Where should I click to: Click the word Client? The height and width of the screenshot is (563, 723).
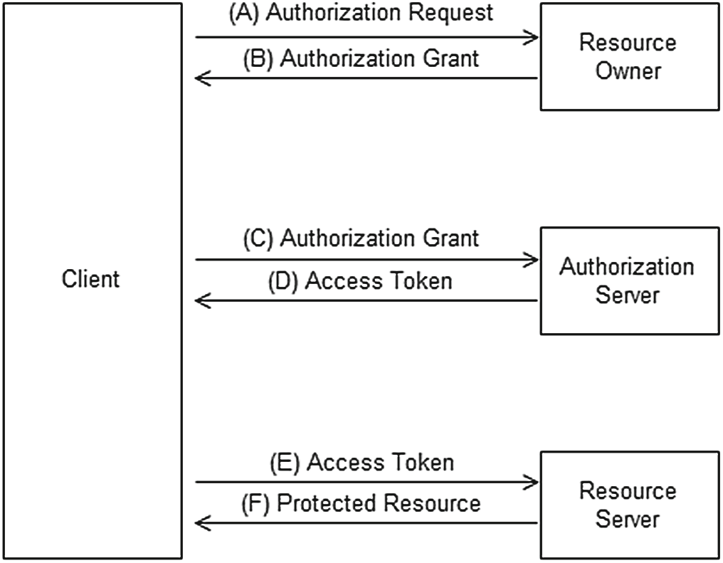(x=91, y=279)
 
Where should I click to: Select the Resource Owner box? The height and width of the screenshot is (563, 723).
(x=627, y=57)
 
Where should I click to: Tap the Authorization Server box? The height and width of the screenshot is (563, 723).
(x=627, y=280)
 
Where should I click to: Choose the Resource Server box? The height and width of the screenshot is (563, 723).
(x=627, y=504)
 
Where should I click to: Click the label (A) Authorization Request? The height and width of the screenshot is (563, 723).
(x=361, y=14)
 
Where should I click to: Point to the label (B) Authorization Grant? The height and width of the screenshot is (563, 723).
(x=361, y=59)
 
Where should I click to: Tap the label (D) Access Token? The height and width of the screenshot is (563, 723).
(x=360, y=281)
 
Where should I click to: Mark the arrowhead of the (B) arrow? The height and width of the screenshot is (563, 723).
(x=201, y=78)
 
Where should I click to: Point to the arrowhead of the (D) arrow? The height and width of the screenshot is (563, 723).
(x=201, y=301)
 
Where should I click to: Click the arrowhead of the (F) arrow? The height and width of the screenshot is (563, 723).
(x=201, y=524)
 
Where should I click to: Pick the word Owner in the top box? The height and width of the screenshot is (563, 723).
(x=627, y=70)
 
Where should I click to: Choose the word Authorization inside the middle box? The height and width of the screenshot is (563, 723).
(x=627, y=267)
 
